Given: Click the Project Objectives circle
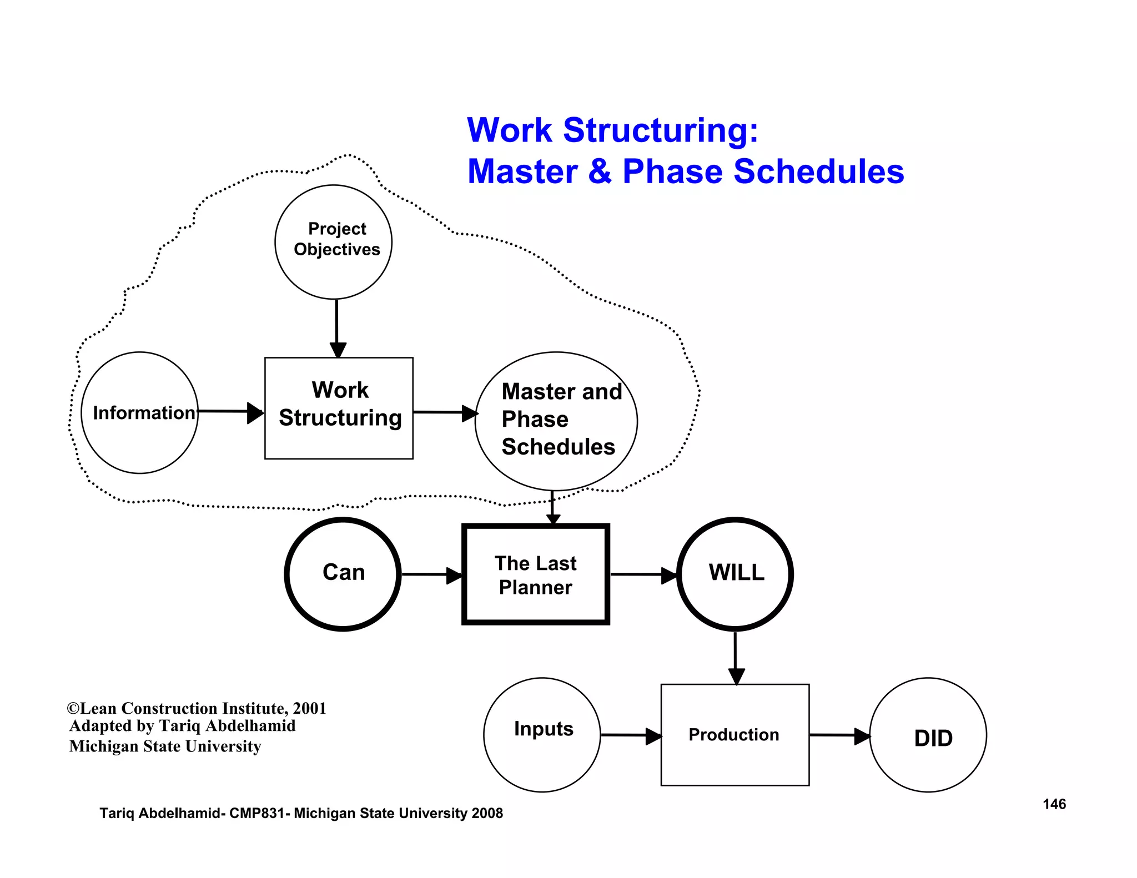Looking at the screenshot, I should [x=334, y=242].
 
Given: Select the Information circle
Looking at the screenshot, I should [x=140, y=412].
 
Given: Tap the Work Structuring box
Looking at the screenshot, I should [x=339, y=408].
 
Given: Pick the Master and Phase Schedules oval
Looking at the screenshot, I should [x=556, y=421].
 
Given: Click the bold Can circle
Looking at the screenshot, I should [x=343, y=574].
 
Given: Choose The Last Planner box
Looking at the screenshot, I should [x=536, y=574].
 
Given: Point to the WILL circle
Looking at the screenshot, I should [x=735, y=574].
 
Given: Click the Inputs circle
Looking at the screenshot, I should [x=542, y=734].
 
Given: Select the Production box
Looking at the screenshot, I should [x=734, y=734].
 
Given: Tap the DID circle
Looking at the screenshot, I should [x=928, y=735].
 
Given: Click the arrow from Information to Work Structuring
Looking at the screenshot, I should [x=229, y=412].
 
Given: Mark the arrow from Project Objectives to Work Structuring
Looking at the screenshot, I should [x=337, y=327].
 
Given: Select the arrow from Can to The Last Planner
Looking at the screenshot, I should [x=431, y=574].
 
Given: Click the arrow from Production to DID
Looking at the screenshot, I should [x=839, y=735].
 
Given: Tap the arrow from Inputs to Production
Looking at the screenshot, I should [x=630, y=735].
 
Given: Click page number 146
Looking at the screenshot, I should [x=1054, y=804].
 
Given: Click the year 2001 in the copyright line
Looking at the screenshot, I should [x=309, y=708].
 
